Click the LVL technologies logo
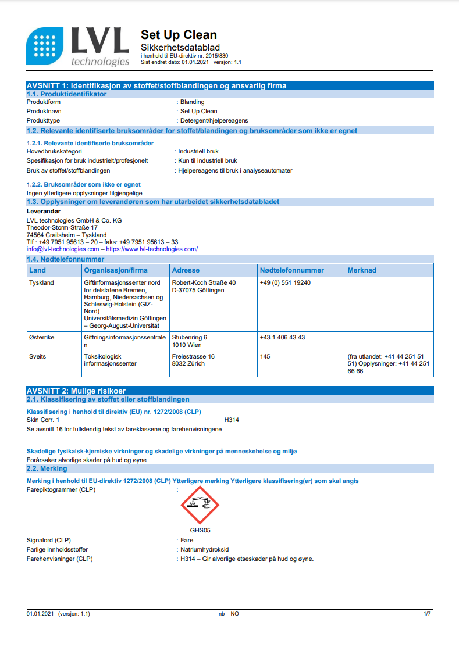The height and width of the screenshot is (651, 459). tap(78, 47)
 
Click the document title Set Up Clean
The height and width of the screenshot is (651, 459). tap(179, 35)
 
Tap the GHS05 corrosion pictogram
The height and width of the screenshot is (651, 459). tap(200, 505)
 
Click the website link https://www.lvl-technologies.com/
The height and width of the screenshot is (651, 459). tap(152, 249)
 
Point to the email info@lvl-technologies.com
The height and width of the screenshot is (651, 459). tap(63, 249)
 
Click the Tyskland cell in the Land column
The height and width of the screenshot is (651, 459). tap(41, 282)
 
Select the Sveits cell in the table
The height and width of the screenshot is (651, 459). tap(38, 356)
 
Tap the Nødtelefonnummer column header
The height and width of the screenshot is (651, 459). tap(292, 270)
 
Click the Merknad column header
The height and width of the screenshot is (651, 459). tap(362, 270)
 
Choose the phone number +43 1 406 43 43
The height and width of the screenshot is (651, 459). tap(282, 337)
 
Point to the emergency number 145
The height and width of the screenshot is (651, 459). tap(265, 356)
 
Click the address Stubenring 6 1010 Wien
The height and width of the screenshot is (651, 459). tap(190, 341)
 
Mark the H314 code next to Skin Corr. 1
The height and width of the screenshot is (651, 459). tap(232, 420)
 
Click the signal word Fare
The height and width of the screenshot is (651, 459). tap(187, 540)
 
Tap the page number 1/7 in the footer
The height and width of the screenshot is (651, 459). tap(427, 614)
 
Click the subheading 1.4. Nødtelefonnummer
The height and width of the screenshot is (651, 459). tap(66, 259)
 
